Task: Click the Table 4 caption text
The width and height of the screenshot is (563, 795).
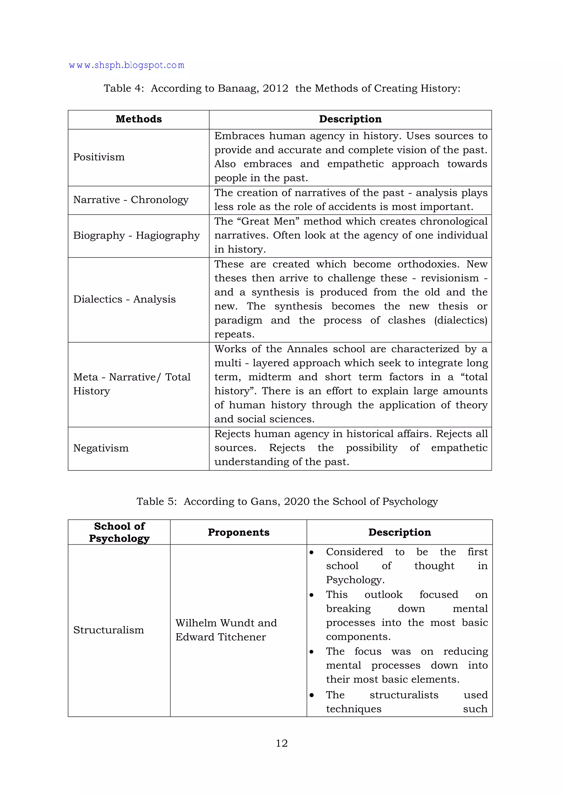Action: [282, 88]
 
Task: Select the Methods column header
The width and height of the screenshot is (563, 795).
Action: [139, 119]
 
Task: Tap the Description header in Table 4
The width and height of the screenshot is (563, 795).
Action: [350, 119]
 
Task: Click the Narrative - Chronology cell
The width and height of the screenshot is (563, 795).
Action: [131, 200]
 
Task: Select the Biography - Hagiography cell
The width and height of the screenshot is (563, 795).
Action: [136, 236]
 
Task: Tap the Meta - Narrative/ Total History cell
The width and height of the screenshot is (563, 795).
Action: [132, 384]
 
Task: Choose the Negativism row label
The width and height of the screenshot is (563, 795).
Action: [101, 448]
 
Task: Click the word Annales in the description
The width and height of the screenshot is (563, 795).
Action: [307, 349]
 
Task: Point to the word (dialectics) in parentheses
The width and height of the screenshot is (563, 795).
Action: [461, 320]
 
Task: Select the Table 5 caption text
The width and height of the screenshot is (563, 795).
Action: [287, 501]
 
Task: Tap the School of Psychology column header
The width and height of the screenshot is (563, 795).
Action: [119, 532]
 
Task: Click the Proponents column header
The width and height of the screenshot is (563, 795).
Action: [239, 532]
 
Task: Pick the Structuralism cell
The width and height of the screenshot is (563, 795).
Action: [109, 630]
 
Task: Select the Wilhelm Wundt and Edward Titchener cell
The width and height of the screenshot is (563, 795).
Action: [226, 630]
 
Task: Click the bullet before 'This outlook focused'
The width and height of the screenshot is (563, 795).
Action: [312, 595]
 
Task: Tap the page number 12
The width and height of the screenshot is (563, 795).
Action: [281, 743]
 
